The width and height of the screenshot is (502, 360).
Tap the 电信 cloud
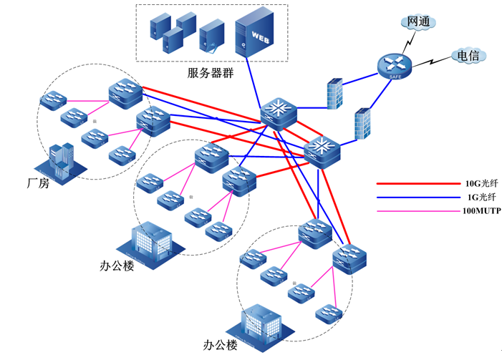click(x=468, y=55)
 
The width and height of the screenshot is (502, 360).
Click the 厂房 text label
click(x=37, y=183)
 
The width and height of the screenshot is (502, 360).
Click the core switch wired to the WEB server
click(x=277, y=112)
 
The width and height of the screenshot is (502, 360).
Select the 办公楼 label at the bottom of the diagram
click(x=220, y=345)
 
